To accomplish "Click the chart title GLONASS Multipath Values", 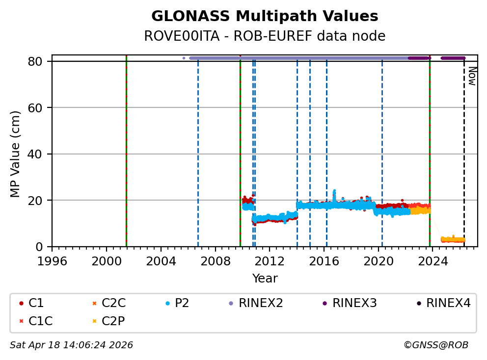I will (x=265, y=16).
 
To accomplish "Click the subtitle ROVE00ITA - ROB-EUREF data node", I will (x=265, y=36).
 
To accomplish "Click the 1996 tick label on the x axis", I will (x=52, y=260).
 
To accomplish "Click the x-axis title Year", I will (x=265, y=279).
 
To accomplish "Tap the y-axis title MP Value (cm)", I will (x=16, y=154).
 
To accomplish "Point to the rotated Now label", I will (x=471, y=76).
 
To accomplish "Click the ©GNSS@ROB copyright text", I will (x=436, y=345).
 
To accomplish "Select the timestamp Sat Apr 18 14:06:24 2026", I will (x=71, y=345).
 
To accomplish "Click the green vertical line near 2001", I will (x=126, y=147).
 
